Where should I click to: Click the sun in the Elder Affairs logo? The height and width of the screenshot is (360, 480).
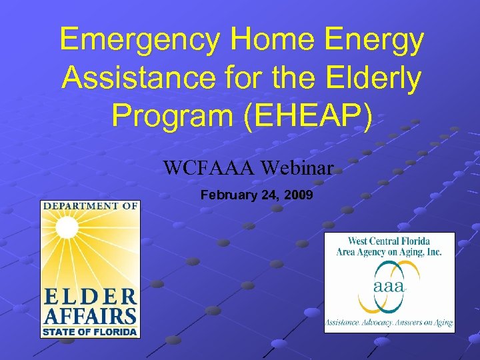click(67, 229)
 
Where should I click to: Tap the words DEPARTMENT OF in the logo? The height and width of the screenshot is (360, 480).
click(90, 207)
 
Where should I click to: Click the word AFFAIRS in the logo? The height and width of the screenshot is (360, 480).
click(90, 315)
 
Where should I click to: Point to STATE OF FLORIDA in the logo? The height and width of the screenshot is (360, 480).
click(90, 331)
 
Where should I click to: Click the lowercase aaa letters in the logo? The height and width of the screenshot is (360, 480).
click(390, 287)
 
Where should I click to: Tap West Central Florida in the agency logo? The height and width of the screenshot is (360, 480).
click(389, 241)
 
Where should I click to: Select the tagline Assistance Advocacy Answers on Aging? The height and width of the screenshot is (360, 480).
click(389, 323)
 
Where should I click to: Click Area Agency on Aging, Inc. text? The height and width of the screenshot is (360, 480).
click(389, 252)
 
